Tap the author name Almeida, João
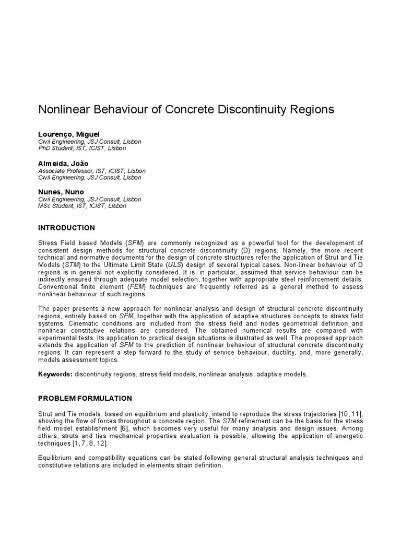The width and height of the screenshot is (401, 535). pos(63,164)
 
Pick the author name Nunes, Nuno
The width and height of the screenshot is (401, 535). pos(61,192)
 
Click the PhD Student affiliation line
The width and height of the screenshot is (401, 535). pos(82,148)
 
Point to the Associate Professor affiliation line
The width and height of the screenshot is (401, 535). pos(92,171)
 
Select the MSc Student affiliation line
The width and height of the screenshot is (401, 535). pos(82,206)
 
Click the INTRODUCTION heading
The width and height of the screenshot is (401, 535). pos(66,228)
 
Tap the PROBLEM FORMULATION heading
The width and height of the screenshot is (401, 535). pos(85,398)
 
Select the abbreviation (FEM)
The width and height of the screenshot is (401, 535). pos(144,287)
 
